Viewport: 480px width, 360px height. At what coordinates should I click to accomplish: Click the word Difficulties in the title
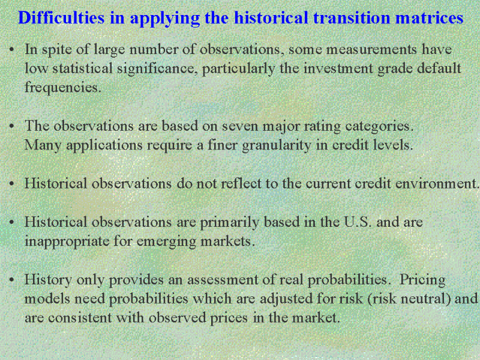(62, 17)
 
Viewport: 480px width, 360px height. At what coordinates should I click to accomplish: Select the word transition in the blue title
(352, 17)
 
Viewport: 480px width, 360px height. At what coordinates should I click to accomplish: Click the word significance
(156, 68)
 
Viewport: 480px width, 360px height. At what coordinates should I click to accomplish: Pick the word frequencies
(63, 88)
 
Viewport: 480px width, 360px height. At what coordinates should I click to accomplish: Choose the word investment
(338, 68)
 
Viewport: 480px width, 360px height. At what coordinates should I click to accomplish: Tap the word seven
(241, 127)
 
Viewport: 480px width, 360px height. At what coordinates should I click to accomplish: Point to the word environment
(437, 184)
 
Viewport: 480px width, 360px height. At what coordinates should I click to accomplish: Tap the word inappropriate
(67, 241)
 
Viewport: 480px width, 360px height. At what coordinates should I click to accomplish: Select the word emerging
(166, 242)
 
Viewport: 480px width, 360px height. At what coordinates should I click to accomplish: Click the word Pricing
(422, 280)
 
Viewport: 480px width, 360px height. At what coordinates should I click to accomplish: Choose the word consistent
(80, 318)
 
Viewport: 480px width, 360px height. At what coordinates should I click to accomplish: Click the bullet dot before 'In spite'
(11, 49)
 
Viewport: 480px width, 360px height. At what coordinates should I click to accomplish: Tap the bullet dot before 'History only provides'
(11, 280)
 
